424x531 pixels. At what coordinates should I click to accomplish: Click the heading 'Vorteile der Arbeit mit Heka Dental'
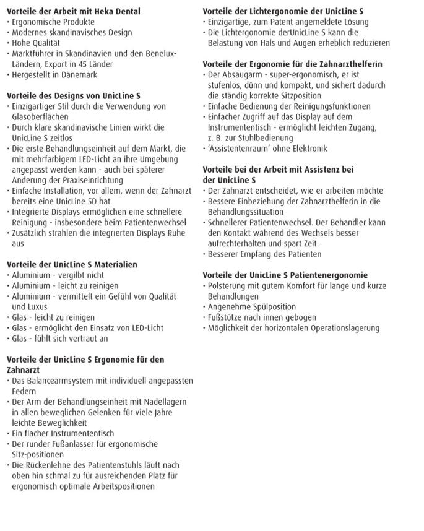73,11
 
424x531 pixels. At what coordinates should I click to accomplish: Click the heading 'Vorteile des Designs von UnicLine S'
73,96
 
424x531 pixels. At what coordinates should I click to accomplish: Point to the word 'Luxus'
25,307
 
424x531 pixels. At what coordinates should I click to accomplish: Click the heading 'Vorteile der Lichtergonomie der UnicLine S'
283,11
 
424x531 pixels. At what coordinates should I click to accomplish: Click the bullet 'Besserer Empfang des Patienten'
264,254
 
